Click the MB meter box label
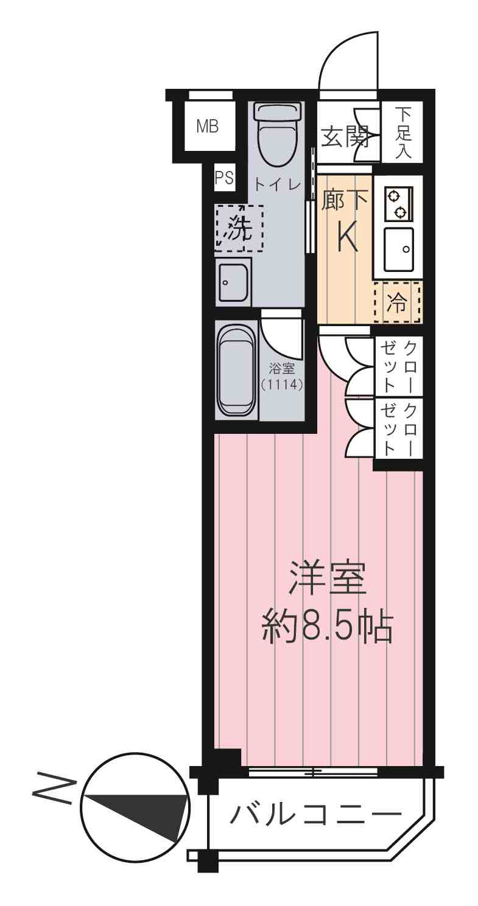(207, 127)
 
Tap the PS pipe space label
(224, 178)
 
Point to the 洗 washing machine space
(239, 229)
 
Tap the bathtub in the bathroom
(237, 370)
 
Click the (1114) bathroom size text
(282, 385)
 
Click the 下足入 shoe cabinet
(402, 132)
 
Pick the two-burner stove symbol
(398, 203)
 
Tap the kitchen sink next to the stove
(399, 249)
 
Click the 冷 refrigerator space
(396, 302)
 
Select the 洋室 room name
(327, 579)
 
